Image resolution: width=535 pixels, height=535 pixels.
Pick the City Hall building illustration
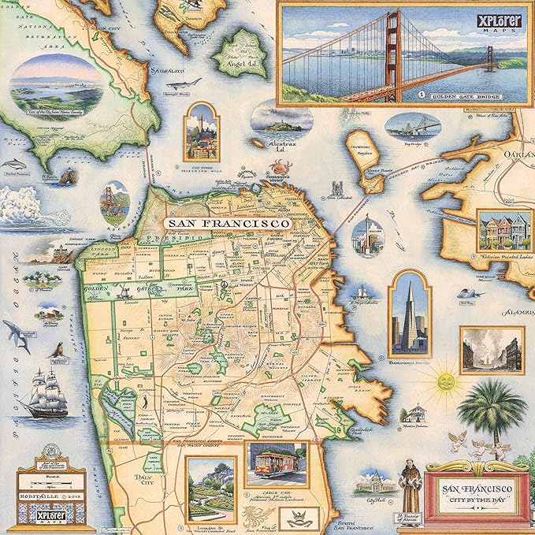pyautogui.click(x=375, y=483)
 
